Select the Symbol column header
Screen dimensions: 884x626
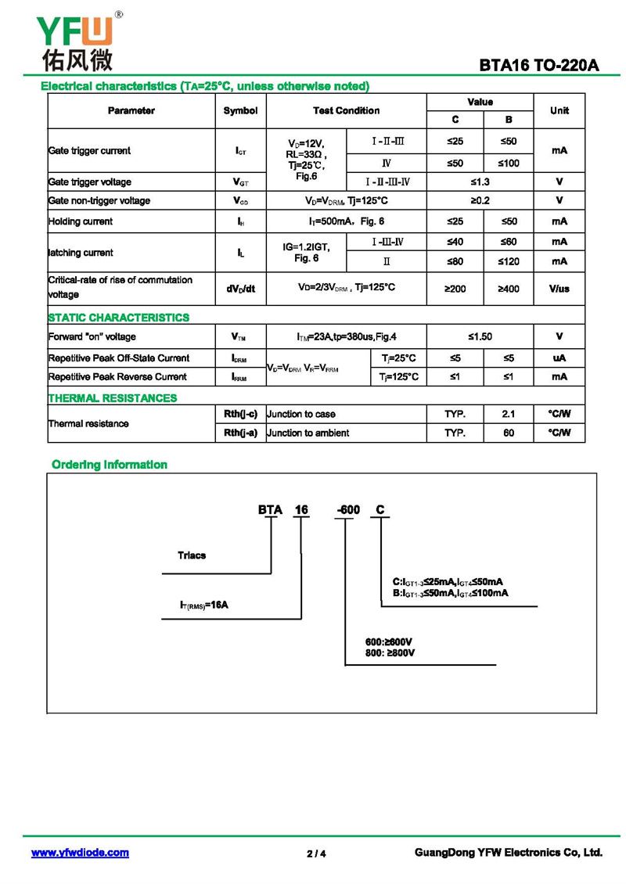pyautogui.click(x=240, y=111)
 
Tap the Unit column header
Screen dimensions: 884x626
pyautogui.click(x=559, y=111)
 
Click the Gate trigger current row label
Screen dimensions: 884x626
pyautogui.click(x=89, y=150)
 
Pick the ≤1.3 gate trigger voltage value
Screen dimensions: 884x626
pyautogui.click(x=480, y=182)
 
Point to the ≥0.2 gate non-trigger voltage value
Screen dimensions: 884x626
pyautogui.click(x=480, y=201)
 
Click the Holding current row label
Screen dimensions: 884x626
pyautogui.click(x=81, y=221)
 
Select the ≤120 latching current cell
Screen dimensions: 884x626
pyautogui.click(x=509, y=261)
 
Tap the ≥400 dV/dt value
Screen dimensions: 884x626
pyautogui.click(x=509, y=289)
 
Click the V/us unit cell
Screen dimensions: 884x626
pyautogui.click(x=559, y=289)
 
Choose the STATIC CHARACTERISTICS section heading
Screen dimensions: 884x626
pyautogui.click(x=119, y=318)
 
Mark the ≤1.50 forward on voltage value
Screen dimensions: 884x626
pyautogui.click(x=480, y=337)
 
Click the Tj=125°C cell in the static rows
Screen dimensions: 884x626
pyautogui.click(x=399, y=377)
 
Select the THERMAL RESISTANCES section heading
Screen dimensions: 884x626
pyautogui.click(x=113, y=398)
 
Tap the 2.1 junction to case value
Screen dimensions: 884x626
pyautogui.click(x=509, y=414)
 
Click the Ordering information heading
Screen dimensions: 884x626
pyautogui.click(x=110, y=465)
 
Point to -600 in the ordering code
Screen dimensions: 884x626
pyautogui.click(x=348, y=510)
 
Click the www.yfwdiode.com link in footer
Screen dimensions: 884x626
pyautogui.click(x=80, y=853)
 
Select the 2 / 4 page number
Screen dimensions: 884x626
pyautogui.click(x=316, y=853)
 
